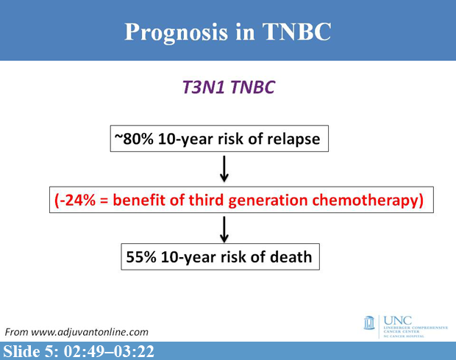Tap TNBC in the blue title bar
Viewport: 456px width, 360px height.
tap(295, 32)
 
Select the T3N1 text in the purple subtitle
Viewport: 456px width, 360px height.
tap(204, 87)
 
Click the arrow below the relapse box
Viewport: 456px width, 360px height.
tap(225, 170)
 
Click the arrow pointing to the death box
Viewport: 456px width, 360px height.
tap(225, 229)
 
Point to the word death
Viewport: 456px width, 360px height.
tap(294, 258)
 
